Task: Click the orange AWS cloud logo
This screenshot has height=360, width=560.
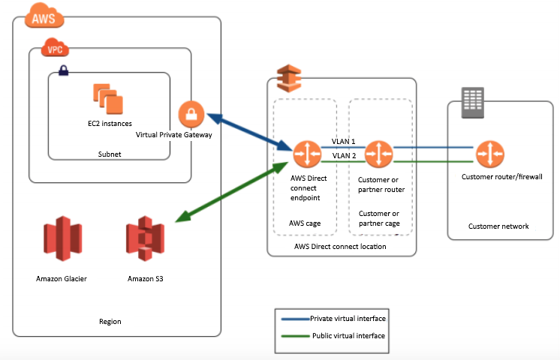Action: (44, 15)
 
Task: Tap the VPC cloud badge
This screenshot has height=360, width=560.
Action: (55, 47)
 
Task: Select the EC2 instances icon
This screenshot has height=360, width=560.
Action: (108, 99)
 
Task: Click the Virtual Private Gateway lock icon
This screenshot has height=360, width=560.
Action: (191, 114)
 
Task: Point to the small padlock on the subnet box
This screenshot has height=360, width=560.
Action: (64, 70)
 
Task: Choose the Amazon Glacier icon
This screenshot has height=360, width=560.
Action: (63, 238)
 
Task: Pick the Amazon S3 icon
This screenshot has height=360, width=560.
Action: (145, 238)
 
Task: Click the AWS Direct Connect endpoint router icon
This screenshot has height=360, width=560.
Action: (307, 154)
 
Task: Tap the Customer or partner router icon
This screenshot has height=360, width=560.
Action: (378, 154)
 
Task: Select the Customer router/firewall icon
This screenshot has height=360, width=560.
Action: (490, 154)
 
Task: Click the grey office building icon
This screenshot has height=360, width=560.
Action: (472, 103)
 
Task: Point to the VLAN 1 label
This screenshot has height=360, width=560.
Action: (344, 141)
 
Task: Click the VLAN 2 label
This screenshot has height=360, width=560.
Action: (344, 155)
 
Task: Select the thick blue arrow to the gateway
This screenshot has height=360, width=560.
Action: (249, 132)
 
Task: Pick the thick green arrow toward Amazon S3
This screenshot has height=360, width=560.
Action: (232, 192)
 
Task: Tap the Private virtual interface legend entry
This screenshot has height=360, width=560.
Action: (333, 319)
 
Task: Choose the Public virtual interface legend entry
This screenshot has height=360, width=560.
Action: (333, 336)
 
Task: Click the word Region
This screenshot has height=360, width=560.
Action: (110, 322)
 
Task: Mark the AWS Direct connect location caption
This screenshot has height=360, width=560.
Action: (340, 247)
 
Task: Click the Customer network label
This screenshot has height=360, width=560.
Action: (498, 226)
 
